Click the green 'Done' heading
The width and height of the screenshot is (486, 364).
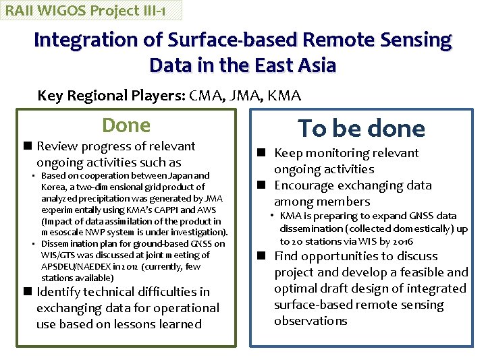126,125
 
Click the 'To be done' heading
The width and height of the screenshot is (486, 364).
362,129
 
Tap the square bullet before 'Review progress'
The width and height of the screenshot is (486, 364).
26,146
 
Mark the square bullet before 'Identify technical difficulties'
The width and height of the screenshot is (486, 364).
26,292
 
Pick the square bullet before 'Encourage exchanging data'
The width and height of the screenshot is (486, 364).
264,185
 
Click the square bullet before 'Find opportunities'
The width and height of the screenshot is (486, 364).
264,256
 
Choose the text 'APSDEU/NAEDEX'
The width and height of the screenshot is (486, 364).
78,266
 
